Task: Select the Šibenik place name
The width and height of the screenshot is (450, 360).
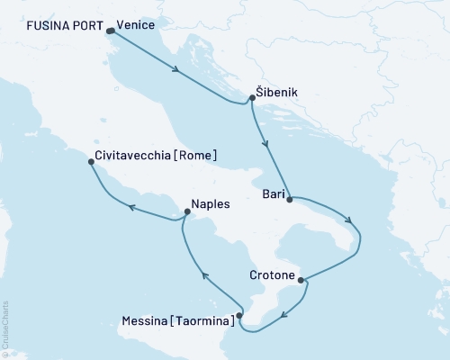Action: pyautogui.click(x=275, y=92)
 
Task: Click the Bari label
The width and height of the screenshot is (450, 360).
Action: pyautogui.click(x=274, y=192)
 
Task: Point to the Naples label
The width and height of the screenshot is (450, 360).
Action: pyautogui.click(x=211, y=203)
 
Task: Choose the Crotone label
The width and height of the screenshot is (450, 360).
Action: pyautogui.click(x=272, y=278)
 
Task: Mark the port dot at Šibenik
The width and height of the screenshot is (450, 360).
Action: pyautogui.click(x=251, y=101)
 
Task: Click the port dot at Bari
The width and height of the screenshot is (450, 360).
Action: pyautogui.click(x=290, y=200)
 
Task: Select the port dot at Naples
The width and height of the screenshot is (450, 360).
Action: pyautogui.click(x=186, y=213)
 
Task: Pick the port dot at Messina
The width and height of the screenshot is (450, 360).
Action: pyautogui.click(x=238, y=316)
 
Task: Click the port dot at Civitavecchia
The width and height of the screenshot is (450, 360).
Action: pyautogui.click(x=91, y=164)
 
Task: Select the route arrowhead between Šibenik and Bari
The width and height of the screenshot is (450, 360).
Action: pyautogui.click(x=264, y=143)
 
